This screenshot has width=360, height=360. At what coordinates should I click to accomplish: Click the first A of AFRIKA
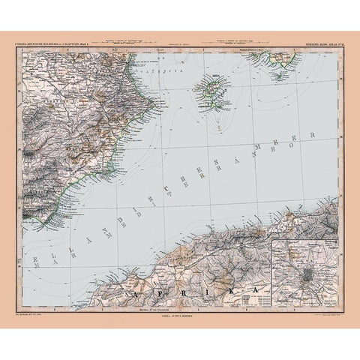point(133,281)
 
